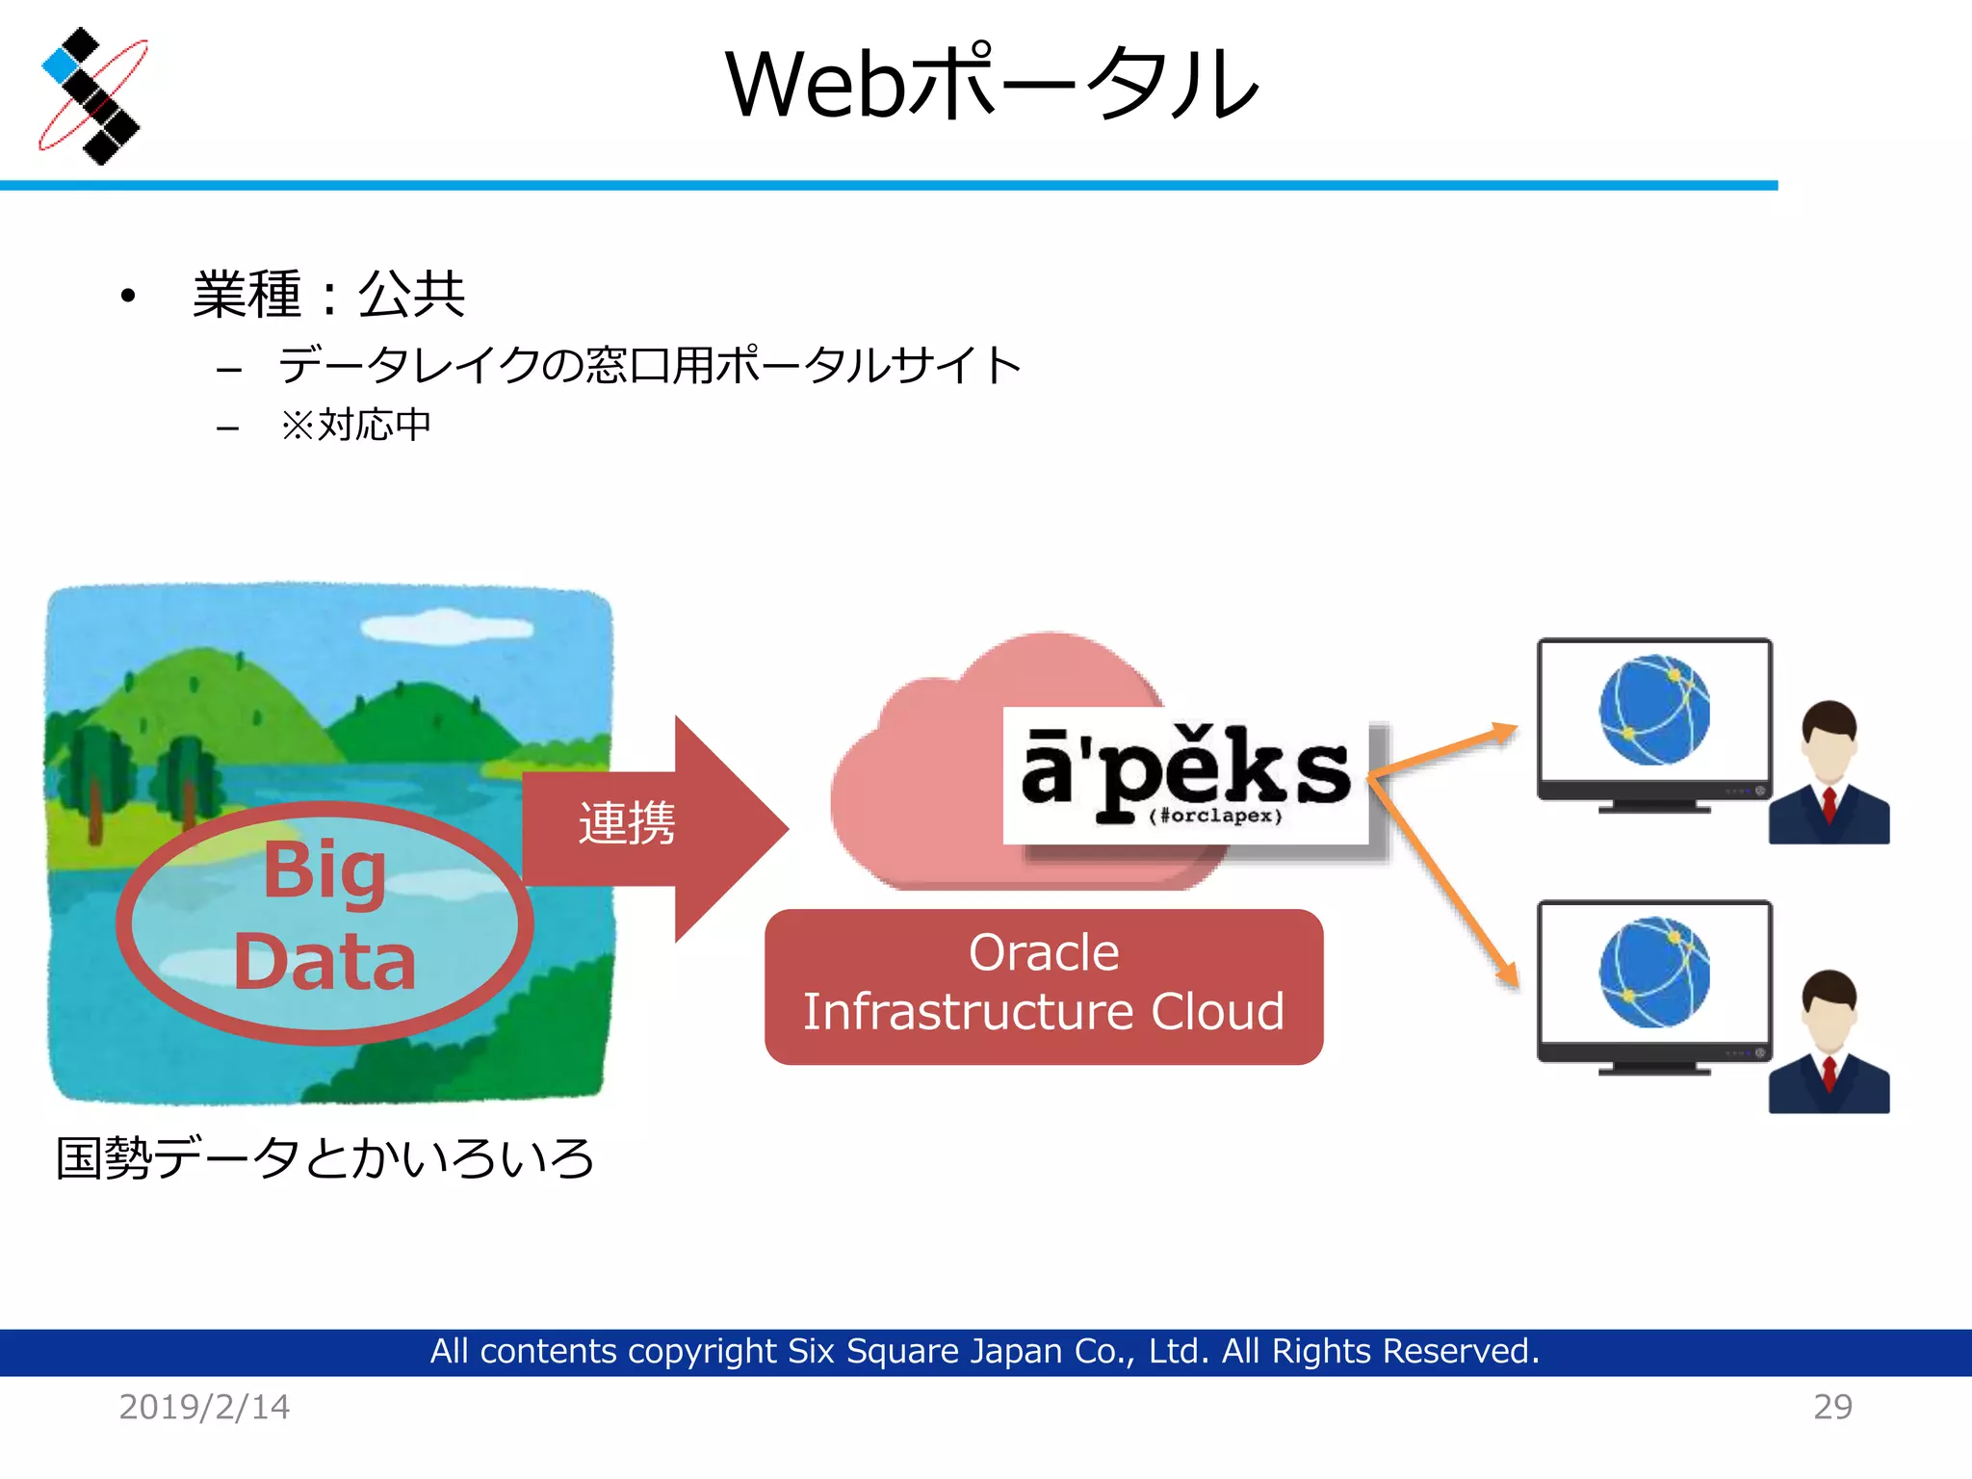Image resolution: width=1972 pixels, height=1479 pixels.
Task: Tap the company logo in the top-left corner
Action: tap(91, 95)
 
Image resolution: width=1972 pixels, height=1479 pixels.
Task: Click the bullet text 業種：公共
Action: tap(328, 295)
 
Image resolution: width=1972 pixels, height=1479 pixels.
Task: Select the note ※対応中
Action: tap(355, 425)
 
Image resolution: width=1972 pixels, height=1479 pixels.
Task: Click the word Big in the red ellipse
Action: tap(324, 870)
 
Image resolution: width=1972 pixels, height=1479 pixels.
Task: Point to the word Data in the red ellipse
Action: tap(324, 962)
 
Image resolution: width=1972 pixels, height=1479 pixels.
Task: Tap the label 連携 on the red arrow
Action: tap(627, 824)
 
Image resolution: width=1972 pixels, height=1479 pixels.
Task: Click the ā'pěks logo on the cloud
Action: tap(1184, 770)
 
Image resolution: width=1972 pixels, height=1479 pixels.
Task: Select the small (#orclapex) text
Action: tap(1215, 817)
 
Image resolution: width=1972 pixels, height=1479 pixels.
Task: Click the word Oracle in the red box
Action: tap(1044, 953)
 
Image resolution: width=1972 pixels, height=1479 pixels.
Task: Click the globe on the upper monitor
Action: tap(1654, 711)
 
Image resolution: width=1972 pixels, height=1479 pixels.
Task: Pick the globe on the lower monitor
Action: tap(1654, 973)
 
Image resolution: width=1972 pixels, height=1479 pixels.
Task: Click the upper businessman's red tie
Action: tap(1829, 805)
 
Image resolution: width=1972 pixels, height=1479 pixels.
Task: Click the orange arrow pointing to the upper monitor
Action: tap(1444, 750)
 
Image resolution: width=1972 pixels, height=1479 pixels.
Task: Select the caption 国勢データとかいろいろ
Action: tap(324, 1158)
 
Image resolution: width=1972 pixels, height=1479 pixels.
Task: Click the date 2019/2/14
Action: tap(204, 1408)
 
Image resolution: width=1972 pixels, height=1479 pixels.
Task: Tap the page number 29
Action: tap(1832, 1408)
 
